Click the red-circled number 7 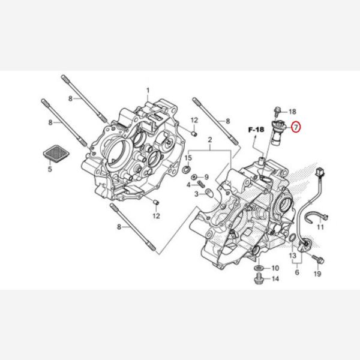(296, 127)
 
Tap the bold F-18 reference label (256, 130)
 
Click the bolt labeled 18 (277, 111)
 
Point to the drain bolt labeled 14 (259, 278)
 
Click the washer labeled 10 (259, 268)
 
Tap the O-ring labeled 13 (292, 238)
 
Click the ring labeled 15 (186, 170)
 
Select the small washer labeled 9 (194, 177)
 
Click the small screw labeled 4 (201, 184)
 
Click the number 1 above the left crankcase (148, 91)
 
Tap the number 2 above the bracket (209, 140)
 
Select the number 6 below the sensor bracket (297, 272)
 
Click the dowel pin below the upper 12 (194, 133)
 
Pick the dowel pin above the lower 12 (156, 202)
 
